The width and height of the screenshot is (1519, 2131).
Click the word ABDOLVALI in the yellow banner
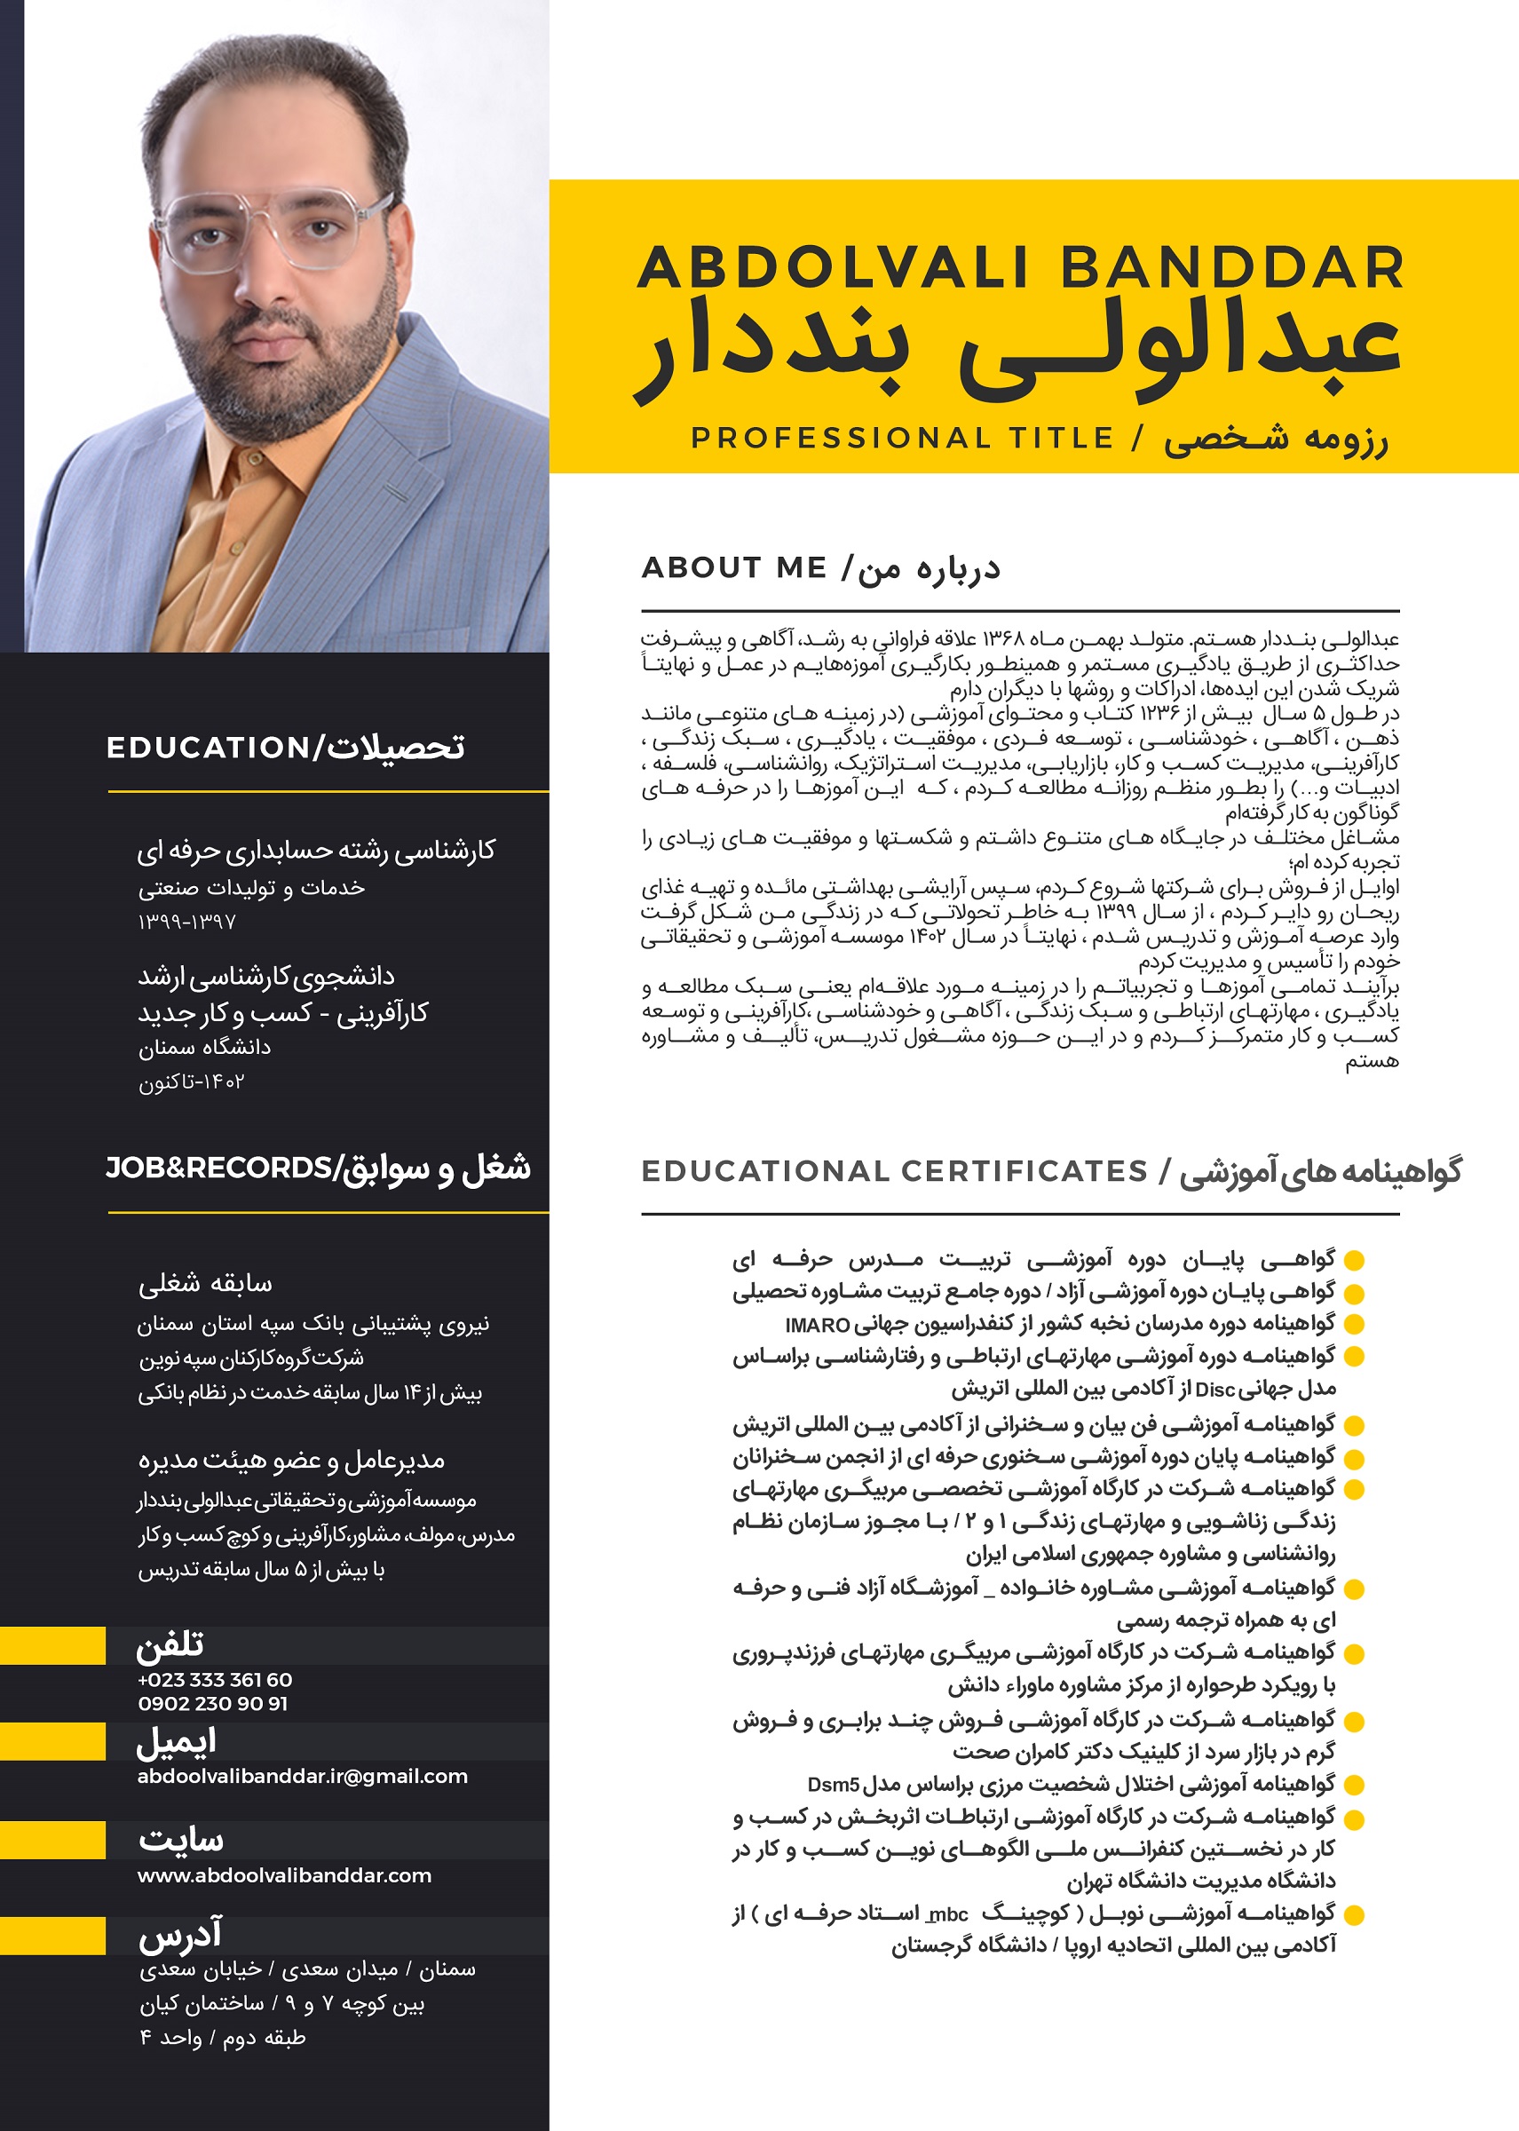[834, 267]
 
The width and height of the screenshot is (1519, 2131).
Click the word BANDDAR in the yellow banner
[1232, 267]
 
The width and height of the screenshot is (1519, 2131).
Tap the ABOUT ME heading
[734, 568]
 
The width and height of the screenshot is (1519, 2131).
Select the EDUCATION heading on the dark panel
[208, 748]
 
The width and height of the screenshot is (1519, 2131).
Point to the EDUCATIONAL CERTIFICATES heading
[894, 1171]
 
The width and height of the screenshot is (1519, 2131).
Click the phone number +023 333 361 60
[215, 1680]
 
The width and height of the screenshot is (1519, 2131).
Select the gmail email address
[302, 1777]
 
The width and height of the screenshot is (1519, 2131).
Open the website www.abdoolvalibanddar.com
[284, 1875]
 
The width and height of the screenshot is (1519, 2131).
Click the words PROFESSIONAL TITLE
[903, 438]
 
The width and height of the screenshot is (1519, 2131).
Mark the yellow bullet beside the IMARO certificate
[1354, 1325]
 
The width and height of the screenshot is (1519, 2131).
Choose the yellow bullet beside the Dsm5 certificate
[1354, 1785]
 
